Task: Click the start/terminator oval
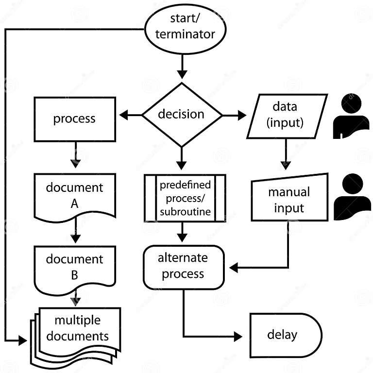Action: (185, 27)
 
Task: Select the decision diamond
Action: (182, 115)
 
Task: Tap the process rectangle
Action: (74, 119)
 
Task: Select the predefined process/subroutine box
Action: (185, 198)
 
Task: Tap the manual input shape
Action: (288, 200)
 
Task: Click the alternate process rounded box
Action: (183, 267)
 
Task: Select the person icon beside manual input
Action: (352, 196)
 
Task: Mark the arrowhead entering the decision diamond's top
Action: (182, 74)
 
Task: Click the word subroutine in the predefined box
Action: (185, 211)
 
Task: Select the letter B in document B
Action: (74, 275)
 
